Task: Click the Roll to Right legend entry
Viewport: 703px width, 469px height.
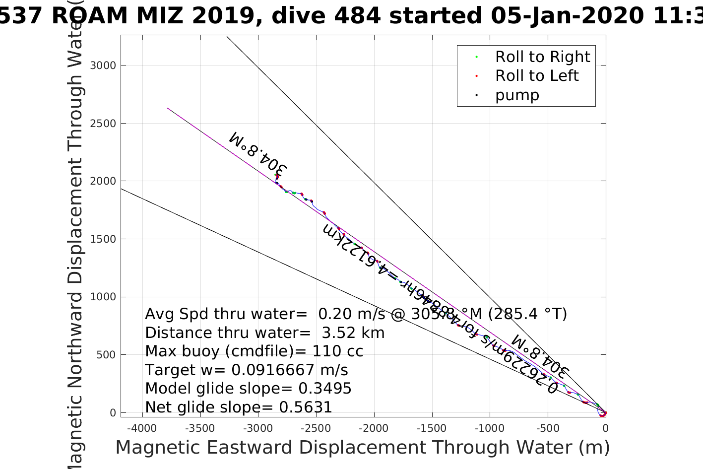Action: (x=542, y=57)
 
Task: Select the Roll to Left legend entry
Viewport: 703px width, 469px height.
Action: (x=536, y=76)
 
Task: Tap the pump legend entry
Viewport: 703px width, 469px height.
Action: (x=517, y=95)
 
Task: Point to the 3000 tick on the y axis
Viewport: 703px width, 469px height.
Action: (x=103, y=66)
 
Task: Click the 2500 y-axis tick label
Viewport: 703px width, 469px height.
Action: (x=103, y=124)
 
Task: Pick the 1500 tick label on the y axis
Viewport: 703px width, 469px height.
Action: (x=103, y=239)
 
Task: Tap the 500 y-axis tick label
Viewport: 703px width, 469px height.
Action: (x=106, y=355)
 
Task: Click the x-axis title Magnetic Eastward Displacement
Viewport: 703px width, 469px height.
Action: (x=362, y=448)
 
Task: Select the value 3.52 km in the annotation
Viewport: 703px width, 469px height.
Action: (x=353, y=333)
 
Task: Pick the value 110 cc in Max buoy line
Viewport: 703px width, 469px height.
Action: (x=337, y=351)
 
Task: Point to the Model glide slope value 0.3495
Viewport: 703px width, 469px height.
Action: (x=325, y=389)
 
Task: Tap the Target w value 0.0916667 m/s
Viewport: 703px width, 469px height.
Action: (x=290, y=370)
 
